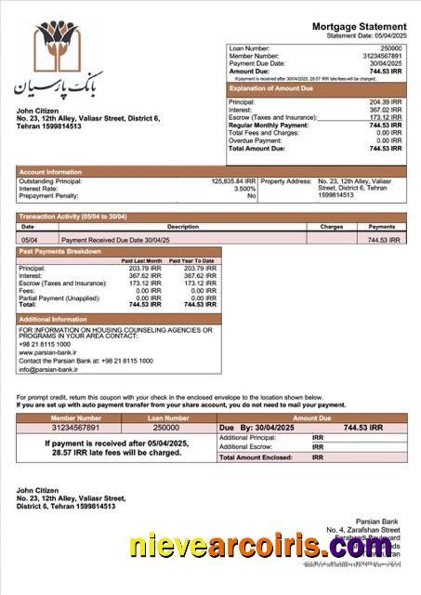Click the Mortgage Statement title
(x=359, y=27)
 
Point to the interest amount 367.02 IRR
(x=385, y=110)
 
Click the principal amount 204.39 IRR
(x=385, y=102)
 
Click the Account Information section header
(x=51, y=172)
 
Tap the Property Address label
(x=285, y=181)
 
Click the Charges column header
(x=332, y=226)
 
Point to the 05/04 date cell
(x=29, y=240)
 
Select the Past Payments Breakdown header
(x=60, y=251)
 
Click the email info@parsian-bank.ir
(x=48, y=369)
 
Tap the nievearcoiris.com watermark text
(x=259, y=548)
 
